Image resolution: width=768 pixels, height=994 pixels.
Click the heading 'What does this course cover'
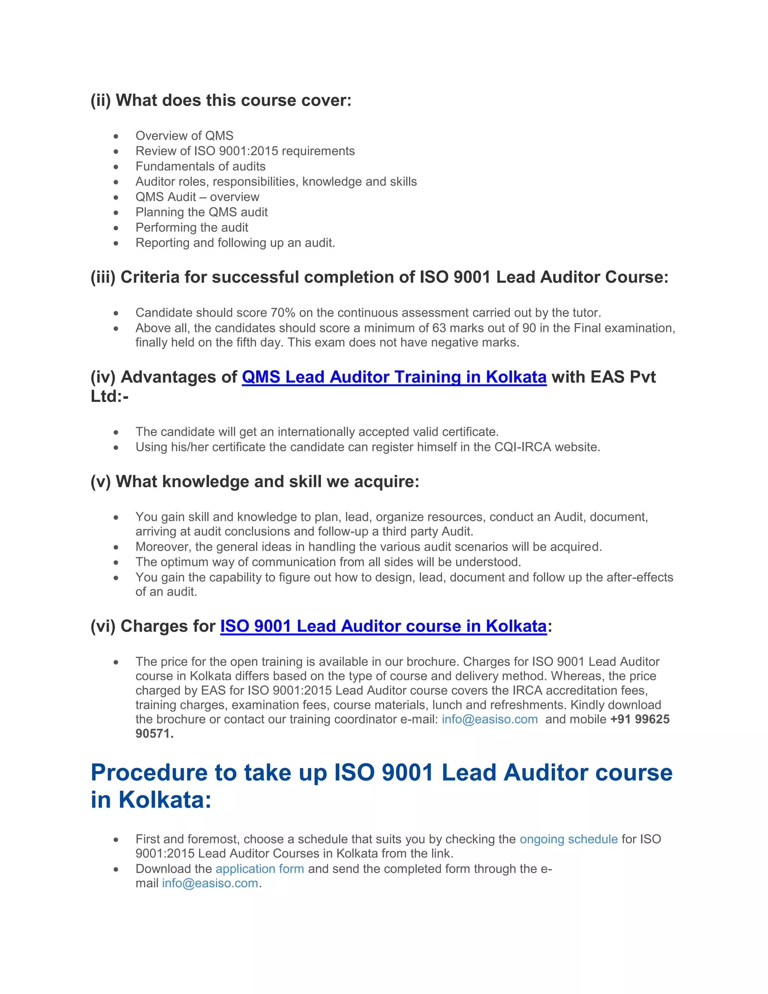click(233, 100)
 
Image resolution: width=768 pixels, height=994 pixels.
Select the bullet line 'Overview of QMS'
click(184, 136)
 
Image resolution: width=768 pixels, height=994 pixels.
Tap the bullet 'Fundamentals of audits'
click(200, 166)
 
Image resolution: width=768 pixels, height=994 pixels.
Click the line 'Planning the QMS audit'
click(201, 212)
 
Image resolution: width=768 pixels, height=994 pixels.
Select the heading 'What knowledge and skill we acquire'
click(267, 482)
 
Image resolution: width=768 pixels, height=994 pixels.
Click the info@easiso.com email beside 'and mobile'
click(489, 719)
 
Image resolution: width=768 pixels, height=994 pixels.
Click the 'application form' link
click(260, 868)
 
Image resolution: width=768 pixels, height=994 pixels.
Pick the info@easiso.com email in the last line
click(210, 883)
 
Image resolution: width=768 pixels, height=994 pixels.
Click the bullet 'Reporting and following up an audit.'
click(235, 243)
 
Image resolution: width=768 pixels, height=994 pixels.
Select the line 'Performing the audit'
click(192, 228)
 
